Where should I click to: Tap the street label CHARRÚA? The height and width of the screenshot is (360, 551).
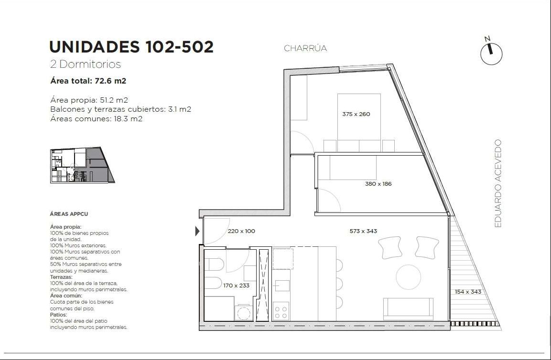point(305,48)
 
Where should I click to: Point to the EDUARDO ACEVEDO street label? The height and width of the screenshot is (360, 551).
point(497,183)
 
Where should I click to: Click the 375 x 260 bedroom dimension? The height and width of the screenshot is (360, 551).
point(356,114)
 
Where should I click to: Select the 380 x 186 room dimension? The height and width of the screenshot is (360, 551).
point(378,184)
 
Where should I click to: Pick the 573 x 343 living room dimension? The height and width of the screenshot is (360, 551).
point(363,231)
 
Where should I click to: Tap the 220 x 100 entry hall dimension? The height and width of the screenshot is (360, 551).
point(241,231)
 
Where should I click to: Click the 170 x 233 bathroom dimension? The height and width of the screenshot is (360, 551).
point(236,286)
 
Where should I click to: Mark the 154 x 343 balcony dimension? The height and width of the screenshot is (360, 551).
point(468,292)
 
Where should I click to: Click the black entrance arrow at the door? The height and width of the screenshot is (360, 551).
point(197,231)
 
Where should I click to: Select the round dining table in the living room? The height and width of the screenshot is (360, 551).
point(408,277)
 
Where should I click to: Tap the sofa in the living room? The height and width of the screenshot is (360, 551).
point(408,309)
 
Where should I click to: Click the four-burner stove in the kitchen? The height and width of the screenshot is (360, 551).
point(281,311)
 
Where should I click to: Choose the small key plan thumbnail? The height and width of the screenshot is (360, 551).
point(82,165)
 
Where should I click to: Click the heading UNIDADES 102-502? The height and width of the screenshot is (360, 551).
point(131,47)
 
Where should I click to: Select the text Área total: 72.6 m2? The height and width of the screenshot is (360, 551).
point(88,81)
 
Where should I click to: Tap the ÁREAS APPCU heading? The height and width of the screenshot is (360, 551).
point(69,213)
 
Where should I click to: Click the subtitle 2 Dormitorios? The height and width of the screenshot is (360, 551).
point(86,64)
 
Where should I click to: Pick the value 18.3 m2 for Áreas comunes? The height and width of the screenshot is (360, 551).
point(128,119)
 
